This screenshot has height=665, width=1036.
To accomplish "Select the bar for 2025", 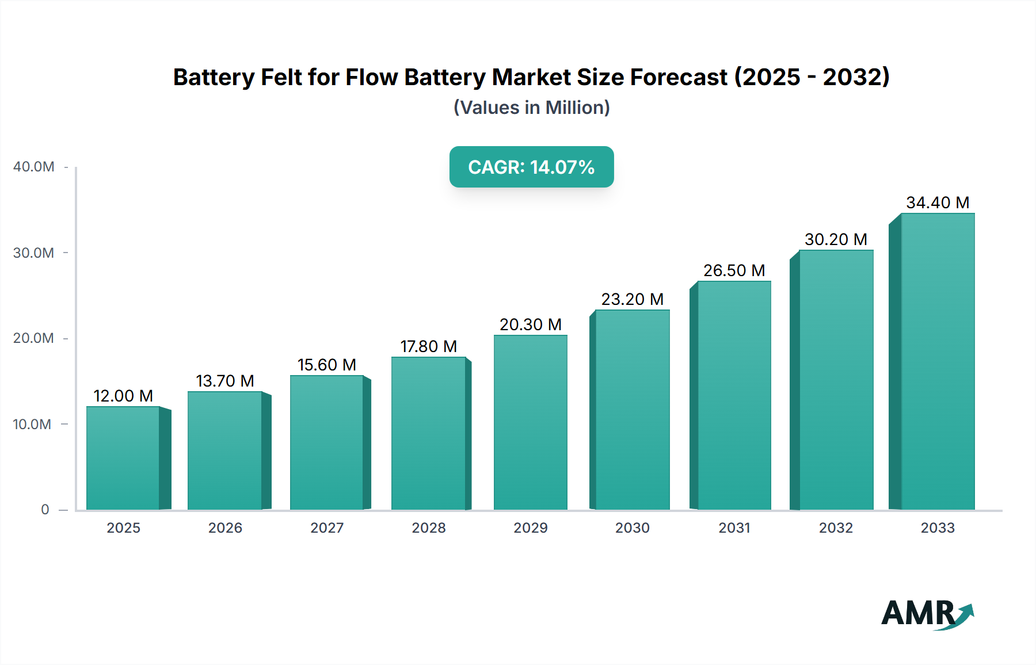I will (x=123, y=458).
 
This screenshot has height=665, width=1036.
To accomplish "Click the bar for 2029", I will (x=530, y=423).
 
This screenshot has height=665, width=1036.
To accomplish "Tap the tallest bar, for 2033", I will (x=937, y=362).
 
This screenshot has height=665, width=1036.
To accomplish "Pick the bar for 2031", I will (x=734, y=396).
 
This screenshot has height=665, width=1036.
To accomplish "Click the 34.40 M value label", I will (x=938, y=202).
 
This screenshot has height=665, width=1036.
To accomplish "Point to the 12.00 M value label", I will (x=123, y=396).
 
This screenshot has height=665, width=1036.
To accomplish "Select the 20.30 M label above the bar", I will (x=530, y=324).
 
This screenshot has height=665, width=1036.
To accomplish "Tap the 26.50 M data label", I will (x=734, y=270).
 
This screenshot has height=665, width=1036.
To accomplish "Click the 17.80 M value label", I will (x=429, y=346).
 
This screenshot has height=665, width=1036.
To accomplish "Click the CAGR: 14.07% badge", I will (x=531, y=167).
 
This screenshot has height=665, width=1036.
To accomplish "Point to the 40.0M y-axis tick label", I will (x=34, y=167).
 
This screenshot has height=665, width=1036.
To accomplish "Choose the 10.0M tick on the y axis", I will (x=32, y=425).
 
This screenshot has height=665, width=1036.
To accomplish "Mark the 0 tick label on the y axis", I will (x=45, y=510).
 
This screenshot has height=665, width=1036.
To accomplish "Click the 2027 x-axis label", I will (x=327, y=528).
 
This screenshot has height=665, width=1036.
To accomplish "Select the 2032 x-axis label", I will (x=836, y=528).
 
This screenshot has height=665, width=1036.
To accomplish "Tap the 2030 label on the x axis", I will (x=632, y=528).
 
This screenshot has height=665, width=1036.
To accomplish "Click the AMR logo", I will (x=927, y=614).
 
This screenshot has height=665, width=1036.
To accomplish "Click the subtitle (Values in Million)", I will (x=531, y=108).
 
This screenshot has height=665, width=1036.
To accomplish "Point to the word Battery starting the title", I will (x=214, y=77).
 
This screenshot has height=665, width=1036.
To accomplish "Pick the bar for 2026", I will (x=225, y=450).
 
